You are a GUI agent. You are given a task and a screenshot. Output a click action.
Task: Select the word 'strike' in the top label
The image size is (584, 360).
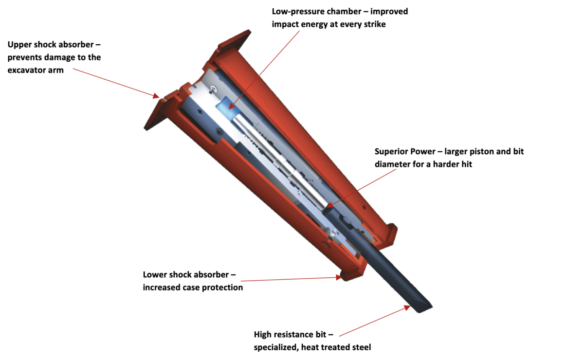pos(373,24)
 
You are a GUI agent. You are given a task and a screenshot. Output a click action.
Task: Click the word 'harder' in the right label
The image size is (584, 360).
pos(447,164)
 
